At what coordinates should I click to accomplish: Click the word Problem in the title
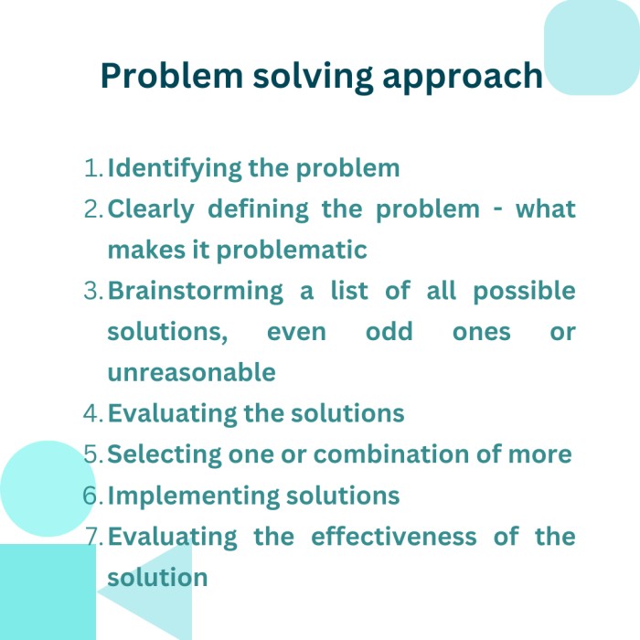click(172, 76)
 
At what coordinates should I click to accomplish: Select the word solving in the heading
click(313, 78)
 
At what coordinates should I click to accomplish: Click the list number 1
click(93, 168)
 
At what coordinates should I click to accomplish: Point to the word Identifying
click(175, 169)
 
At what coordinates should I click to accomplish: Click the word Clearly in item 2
click(151, 209)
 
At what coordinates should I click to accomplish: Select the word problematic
click(292, 251)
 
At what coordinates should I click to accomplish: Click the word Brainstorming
click(195, 292)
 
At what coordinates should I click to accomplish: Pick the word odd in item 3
click(389, 331)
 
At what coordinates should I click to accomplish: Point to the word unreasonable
click(191, 372)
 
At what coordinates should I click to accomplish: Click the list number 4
click(93, 413)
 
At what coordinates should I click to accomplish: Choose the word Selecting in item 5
click(164, 454)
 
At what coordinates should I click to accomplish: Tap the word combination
click(391, 453)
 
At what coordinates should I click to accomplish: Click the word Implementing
click(194, 496)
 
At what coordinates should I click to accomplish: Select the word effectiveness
click(394, 536)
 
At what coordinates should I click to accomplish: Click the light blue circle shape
click(48, 488)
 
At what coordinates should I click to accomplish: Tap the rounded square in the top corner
click(592, 48)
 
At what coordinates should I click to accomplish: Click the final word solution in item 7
click(157, 577)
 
